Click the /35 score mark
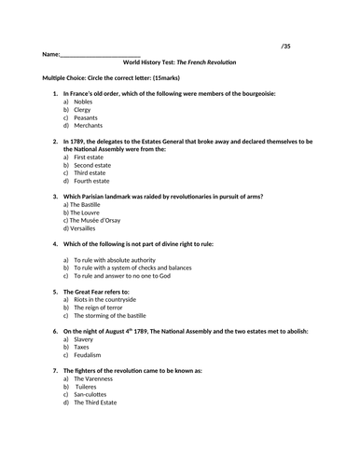point(287,45)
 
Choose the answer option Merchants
point(88,125)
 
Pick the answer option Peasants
point(86,116)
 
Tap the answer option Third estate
point(90,173)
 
